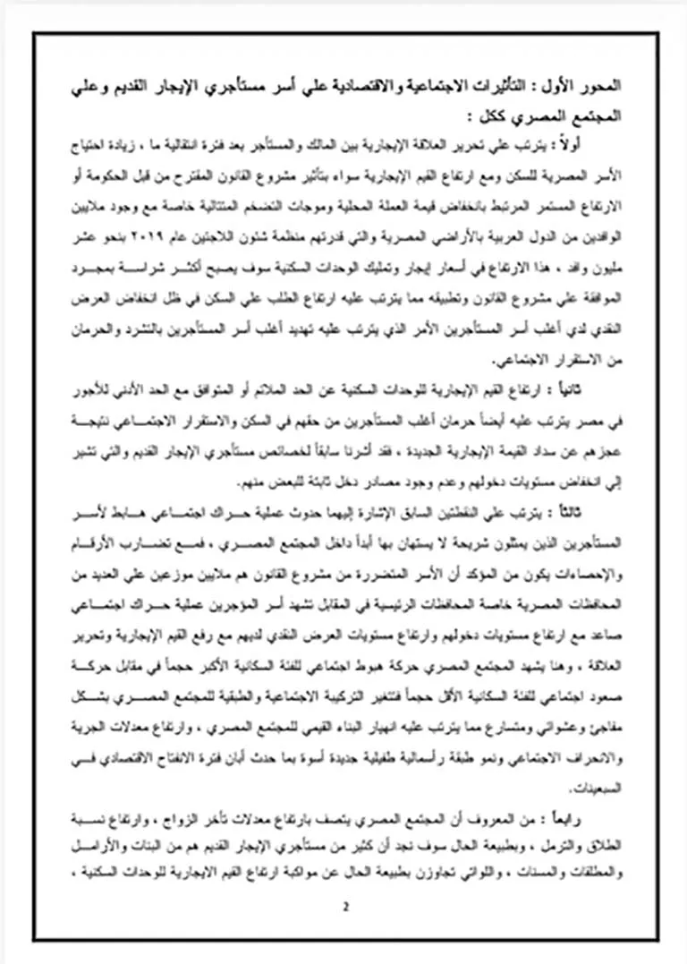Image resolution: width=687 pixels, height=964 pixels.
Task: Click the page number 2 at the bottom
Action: click(x=344, y=907)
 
